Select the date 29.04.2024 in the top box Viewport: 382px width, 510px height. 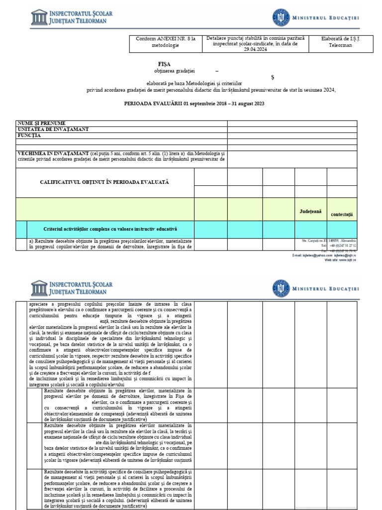pyautogui.click(x=255, y=49)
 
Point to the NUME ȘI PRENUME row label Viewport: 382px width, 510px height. pyautogui.click(x=41, y=123)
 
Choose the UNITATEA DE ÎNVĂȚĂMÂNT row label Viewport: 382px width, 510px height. pyautogui.click(x=53, y=129)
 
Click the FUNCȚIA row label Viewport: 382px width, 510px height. pyautogui.click(x=30, y=135)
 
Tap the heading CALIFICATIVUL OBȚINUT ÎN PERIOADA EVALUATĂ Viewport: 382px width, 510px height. pyautogui.click(x=104, y=182)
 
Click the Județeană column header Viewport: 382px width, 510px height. pyautogui.click(x=310, y=211)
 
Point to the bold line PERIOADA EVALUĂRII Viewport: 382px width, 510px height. pyautogui.click(x=194, y=104)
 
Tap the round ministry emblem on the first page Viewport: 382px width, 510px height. pyautogui.click(x=281, y=18)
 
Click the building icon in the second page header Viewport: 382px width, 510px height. pyautogui.click(x=39, y=288)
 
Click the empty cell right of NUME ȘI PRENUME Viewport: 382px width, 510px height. pyautogui.click(x=292, y=123)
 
